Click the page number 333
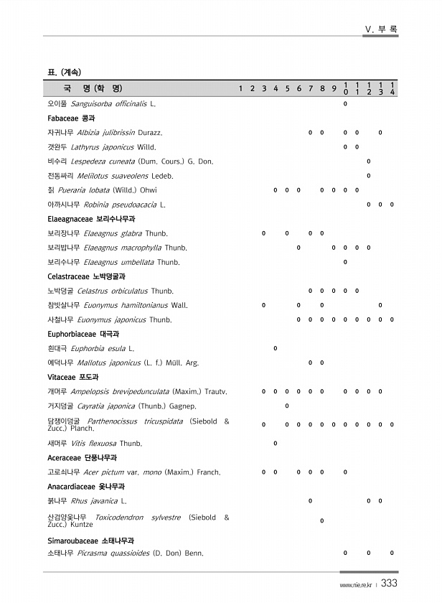(389, 584)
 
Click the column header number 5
(287, 89)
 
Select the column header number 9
(334, 89)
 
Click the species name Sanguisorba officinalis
(109, 104)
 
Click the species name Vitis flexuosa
(94, 443)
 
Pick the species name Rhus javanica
(94, 500)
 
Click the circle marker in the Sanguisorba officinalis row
(346, 104)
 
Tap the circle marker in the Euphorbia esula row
(276, 348)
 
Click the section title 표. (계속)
(64, 72)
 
